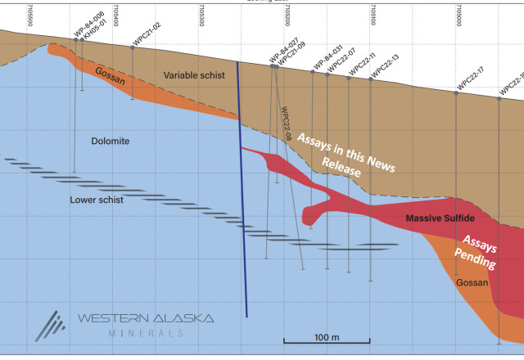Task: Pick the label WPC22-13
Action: click(385, 65)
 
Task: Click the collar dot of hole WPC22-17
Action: click(456, 92)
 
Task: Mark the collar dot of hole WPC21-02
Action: click(133, 47)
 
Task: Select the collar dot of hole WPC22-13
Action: click(371, 79)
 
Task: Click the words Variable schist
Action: click(192, 75)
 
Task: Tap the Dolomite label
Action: click(111, 142)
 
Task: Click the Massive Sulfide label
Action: click(440, 218)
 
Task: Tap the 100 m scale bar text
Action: click(327, 336)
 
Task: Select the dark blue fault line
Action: click(243, 188)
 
